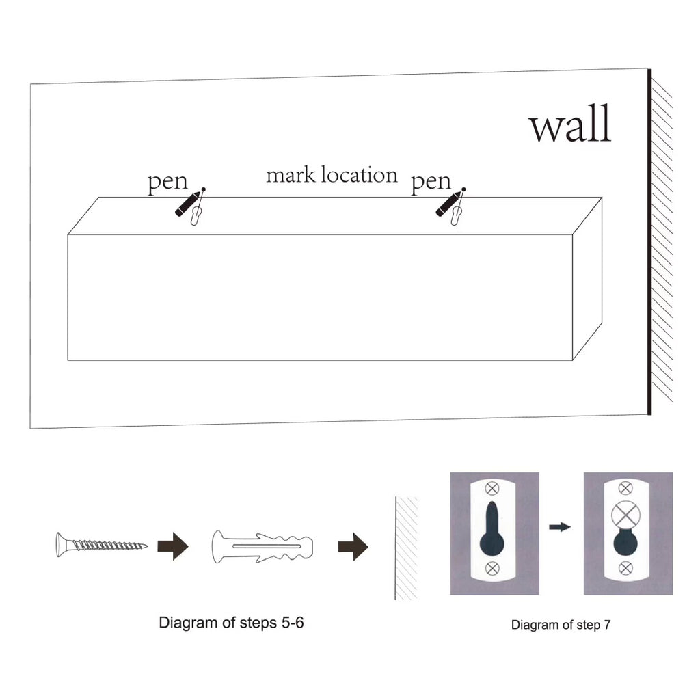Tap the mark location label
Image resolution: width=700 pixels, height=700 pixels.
click(332, 175)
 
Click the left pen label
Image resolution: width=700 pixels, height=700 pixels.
click(167, 183)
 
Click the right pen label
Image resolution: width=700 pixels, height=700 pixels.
click(431, 183)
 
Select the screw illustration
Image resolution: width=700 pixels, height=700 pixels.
click(100, 545)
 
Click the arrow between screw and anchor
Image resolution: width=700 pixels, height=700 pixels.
click(172, 546)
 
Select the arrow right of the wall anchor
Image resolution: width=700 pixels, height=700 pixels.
click(353, 547)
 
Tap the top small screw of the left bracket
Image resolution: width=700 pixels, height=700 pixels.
click(492, 488)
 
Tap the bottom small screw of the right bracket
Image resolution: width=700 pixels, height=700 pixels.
click(624, 567)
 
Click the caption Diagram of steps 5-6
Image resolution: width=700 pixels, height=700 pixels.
click(231, 623)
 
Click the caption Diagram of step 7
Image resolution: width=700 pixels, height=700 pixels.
click(560, 624)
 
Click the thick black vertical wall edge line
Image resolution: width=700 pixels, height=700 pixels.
click(649, 243)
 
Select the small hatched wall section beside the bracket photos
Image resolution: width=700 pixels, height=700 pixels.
click(407, 547)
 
